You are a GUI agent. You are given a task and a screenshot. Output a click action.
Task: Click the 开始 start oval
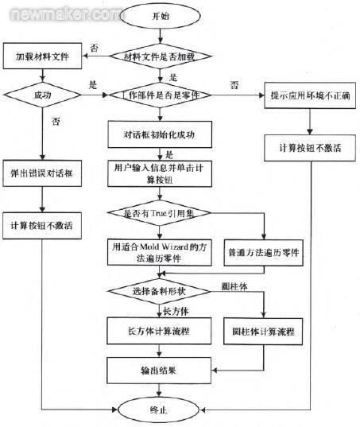pyautogui.click(x=161, y=17)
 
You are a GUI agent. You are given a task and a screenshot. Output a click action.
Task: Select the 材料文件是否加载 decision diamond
pyautogui.click(x=163, y=56)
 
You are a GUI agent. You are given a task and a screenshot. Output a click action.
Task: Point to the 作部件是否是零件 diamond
pyautogui.click(x=161, y=95)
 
